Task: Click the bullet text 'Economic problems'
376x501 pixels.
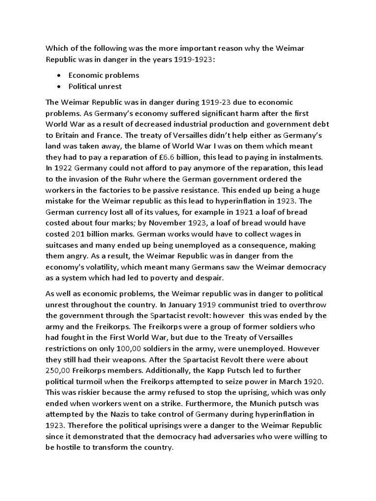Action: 104,75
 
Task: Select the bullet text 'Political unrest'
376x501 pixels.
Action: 95,87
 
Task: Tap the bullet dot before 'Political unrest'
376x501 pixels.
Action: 59,87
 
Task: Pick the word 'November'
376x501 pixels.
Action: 175,223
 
